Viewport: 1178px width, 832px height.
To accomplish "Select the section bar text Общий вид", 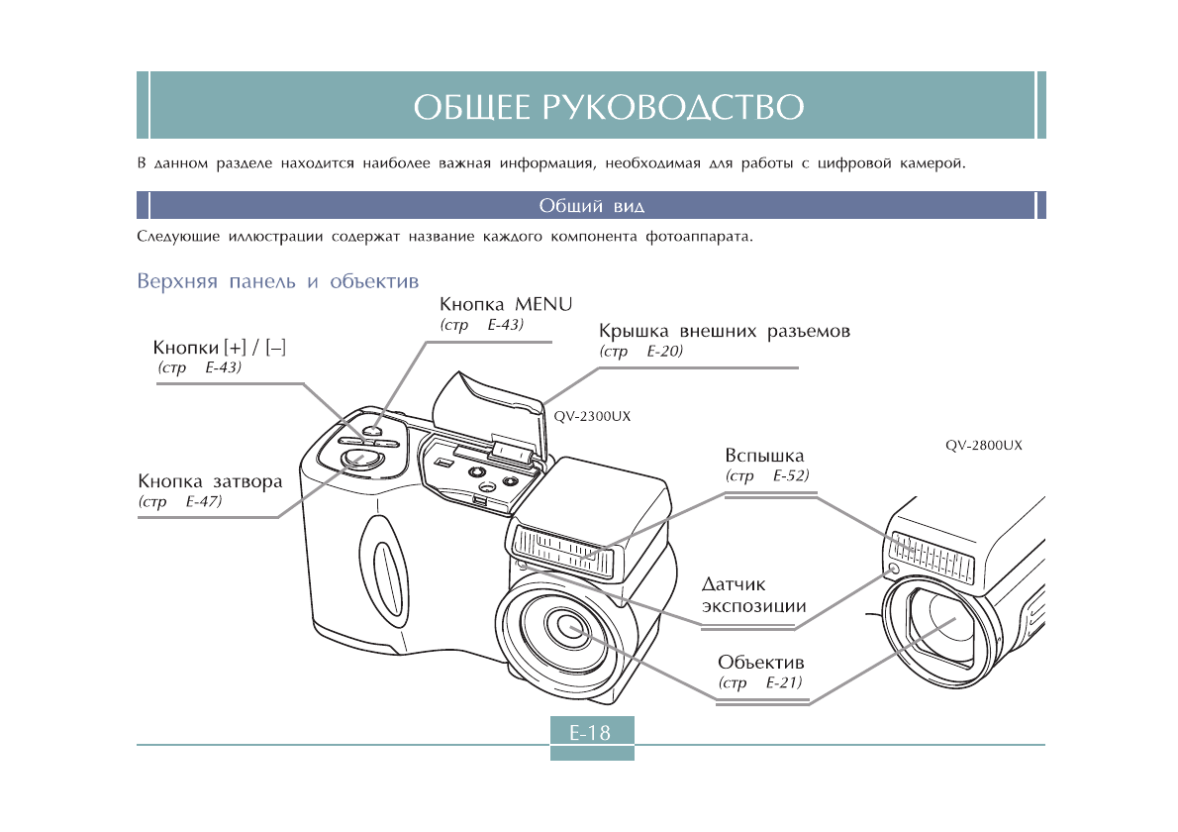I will (591, 206).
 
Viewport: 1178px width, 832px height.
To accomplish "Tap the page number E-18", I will (590, 734).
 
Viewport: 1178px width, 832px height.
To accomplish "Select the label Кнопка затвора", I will (210, 481).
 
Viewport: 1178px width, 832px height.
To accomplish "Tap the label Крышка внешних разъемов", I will (725, 331).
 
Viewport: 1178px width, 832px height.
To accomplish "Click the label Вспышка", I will (764, 457).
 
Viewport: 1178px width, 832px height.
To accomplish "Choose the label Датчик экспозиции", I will (753, 596).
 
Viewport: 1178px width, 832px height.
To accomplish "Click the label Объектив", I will (761, 662).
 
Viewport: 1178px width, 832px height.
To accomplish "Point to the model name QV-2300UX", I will (592, 417).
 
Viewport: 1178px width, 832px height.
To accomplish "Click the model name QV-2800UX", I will (983, 446).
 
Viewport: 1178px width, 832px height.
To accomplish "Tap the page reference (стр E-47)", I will (180, 502).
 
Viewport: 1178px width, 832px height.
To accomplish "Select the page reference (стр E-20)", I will (641, 352).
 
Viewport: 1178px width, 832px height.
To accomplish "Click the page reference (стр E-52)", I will (767, 476).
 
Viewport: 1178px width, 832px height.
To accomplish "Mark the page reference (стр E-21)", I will (760, 683).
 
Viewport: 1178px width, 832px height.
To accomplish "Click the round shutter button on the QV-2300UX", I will (359, 458).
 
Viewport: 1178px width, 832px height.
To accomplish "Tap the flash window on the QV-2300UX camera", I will (562, 552).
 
